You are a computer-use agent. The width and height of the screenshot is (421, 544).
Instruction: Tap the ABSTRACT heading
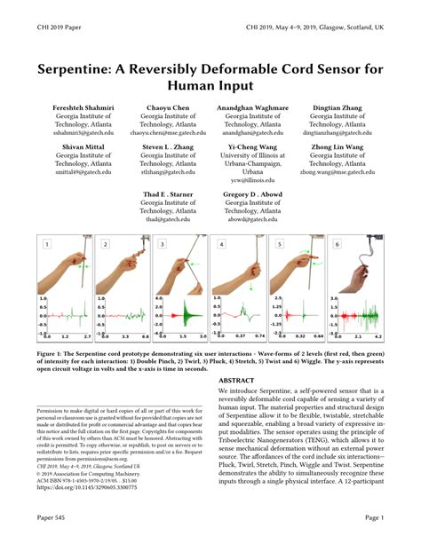[x=236, y=379]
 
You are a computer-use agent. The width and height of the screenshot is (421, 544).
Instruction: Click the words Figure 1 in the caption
[x=52, y=352]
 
